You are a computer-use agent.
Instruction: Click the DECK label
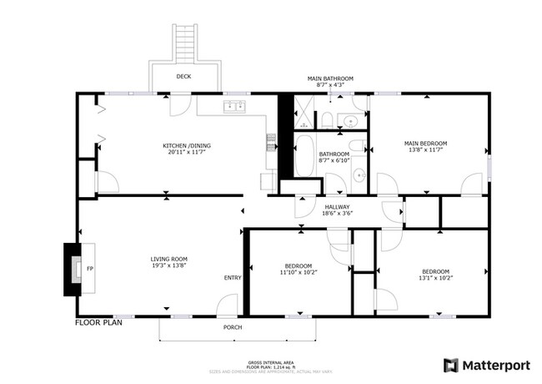(x=183, y=78)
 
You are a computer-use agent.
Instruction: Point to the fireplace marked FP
(x=79, y=270)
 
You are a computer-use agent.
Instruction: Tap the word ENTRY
(x=233, y=278)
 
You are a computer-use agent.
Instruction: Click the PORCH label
(x=233, y=327)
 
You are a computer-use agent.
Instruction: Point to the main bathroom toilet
(x=328, y=120)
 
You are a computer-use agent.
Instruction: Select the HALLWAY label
(x=338, y=206)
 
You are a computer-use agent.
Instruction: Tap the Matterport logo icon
(x=450, y=365)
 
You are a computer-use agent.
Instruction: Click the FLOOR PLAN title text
(x=99, y=321)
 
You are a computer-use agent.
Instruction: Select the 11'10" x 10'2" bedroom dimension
(x=298, y=272)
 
